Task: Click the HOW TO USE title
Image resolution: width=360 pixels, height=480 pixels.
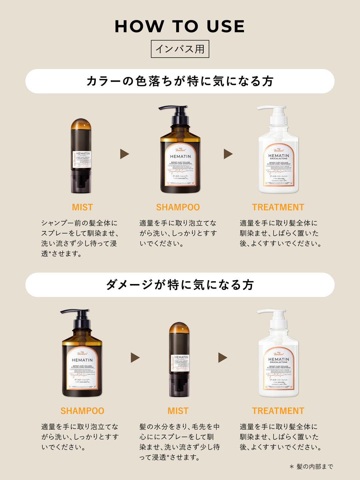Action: tap(180, 27)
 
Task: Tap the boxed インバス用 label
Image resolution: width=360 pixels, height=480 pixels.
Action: tap(180, 49)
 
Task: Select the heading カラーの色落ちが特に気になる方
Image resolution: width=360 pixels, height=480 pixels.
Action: tap(180, 81)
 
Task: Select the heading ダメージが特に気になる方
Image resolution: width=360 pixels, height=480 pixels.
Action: tap(180, 285)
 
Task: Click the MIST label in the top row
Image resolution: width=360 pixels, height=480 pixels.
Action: tap(82, 207)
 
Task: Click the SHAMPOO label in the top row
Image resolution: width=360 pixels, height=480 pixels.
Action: tap(178, 207)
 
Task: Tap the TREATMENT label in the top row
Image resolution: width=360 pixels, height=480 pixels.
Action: tap(278, 207)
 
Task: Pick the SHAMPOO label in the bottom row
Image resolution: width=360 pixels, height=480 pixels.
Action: tap(82, 411)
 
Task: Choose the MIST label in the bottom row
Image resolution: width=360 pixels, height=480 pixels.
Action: tap(178, 411)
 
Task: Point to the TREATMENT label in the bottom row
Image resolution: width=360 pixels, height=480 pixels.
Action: tap(278, 411)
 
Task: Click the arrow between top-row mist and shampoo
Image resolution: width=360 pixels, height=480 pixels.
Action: tap(124, 154)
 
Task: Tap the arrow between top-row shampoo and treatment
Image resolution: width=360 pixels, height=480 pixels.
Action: tap(228, 154)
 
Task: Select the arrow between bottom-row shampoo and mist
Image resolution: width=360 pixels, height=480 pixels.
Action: tap(135, 357)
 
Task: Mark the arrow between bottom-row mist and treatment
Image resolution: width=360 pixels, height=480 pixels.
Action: tap(222, 357)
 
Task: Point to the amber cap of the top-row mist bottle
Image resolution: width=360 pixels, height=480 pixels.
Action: tap(81, 124)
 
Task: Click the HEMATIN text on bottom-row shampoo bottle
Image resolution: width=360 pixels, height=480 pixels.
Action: tap(82, 360)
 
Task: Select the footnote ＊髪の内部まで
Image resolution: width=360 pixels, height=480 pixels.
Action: tap(311, 467)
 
